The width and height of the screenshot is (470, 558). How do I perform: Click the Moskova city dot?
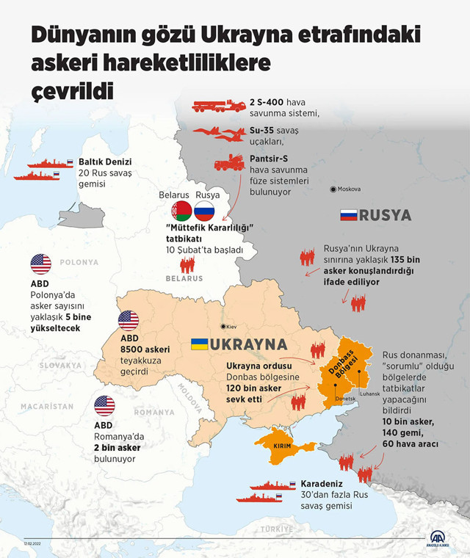(x=334, y=189)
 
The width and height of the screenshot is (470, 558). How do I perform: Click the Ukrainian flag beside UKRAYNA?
(x=198, y=344)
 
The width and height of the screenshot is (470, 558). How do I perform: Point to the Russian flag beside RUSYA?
(x=348, y=215)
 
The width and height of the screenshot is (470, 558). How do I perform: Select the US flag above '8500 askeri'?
(x=129, y=320)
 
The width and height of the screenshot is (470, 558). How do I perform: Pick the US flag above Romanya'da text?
(x=104, y=406)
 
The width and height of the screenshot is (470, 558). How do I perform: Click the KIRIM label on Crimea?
(x=283, y=447)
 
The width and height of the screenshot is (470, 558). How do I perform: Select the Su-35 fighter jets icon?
(x=223, y=134)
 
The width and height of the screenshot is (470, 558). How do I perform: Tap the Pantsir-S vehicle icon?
(x=229, y=163)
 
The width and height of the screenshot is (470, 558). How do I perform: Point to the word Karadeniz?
(x=319, y=485)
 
